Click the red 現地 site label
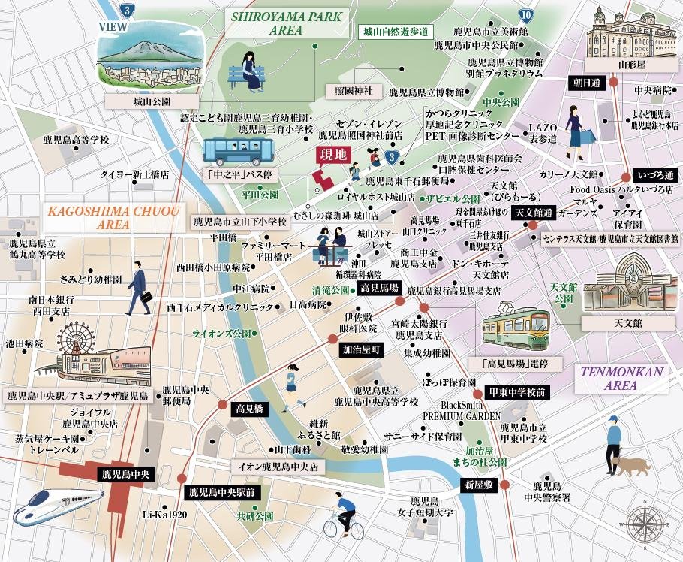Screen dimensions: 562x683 pyautogui.click(x=333, y=156)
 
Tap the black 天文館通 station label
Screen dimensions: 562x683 pyautogui.click(x=533, y=213)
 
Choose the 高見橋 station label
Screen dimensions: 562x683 pyautogui.click(x=248, y=409)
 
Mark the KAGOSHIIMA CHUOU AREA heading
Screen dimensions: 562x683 pyautogui.click(x=113, y=217)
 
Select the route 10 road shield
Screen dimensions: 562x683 pyautogui.click(x=526, y=14)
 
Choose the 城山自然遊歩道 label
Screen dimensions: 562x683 pyautogui.click(x=395, y=32)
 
